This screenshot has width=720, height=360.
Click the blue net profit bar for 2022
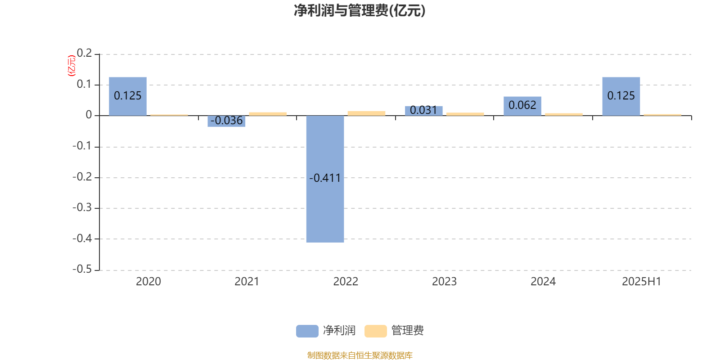[x=325, y=179]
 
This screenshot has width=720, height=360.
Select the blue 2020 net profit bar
[x=128, y=96]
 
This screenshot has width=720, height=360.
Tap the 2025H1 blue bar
[x=621, y=96]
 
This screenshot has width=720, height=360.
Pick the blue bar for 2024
[x=522, y=106]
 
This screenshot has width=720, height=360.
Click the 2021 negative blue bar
[x=226, y=121]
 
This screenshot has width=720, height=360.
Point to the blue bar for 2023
[x=423, y=111]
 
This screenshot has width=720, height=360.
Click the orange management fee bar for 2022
[x=366, y=113]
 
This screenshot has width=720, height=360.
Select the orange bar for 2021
[x=268, y=114]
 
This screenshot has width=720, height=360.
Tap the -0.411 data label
[x=325, y=178]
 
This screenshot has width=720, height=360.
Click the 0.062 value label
[x=522, y=105]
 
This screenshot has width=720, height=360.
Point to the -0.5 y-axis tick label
[x=82, y=269]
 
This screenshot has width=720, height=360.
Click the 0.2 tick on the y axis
[x=85, y=53]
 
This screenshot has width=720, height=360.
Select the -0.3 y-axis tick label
[x=82, y=207]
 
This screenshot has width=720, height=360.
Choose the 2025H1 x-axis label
[x=642, y=282]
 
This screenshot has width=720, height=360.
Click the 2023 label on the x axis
[x=444, y=282]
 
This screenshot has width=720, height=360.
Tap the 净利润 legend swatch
[x=307, y=331]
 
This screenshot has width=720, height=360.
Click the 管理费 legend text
[x=407, y=330]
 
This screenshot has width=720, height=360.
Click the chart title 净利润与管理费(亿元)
[x=360, y=11]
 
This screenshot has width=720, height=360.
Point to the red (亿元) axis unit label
[x=72, y=66]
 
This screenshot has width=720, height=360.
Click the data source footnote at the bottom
[x=360, y=355]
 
